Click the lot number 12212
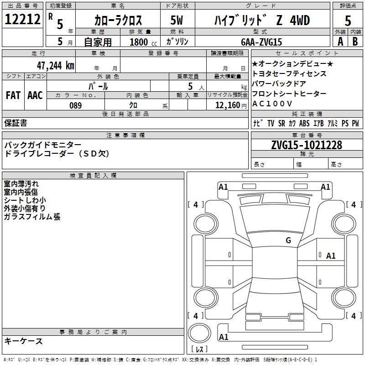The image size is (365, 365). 22,19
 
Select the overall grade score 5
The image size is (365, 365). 348,21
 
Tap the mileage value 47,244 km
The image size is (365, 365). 56,66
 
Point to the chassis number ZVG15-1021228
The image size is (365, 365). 307,145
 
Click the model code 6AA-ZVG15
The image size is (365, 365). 261,42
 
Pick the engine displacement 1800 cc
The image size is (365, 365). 143,42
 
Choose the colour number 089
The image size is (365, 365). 76,105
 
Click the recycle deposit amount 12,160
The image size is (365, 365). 228,105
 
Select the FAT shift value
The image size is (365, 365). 13,95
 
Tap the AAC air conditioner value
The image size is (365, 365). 35,95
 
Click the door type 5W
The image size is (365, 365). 177,20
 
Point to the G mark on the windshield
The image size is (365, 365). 288,240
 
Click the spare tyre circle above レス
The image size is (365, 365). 199,333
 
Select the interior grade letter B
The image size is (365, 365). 355,42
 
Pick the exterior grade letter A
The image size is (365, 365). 340,42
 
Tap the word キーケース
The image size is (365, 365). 24,341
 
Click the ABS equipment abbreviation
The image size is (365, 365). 304,123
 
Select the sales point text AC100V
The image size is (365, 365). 272,104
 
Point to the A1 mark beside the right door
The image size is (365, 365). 331,256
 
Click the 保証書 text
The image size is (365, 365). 16,123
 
